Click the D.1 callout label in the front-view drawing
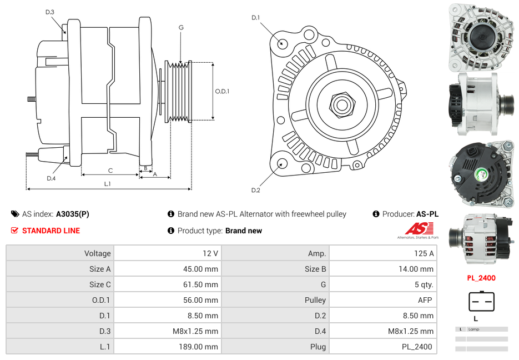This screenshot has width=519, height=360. click(x=255, y=18)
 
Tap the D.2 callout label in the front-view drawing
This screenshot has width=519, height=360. click(x=255, y=191)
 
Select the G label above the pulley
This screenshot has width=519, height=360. click(x=181, y=28)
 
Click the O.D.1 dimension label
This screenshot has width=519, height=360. click(x=223, y=92)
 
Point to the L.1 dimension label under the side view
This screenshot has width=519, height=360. click(x=108, y=183)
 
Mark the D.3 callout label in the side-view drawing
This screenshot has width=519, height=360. click(x=50, y=12)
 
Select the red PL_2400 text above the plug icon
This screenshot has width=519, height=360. click(x=481, y=278)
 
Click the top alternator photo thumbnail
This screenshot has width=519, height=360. click(x=481, y=37)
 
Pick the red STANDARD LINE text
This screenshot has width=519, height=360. click(x=51, y=231)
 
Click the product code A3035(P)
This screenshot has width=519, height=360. click(x=72, y=214)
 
